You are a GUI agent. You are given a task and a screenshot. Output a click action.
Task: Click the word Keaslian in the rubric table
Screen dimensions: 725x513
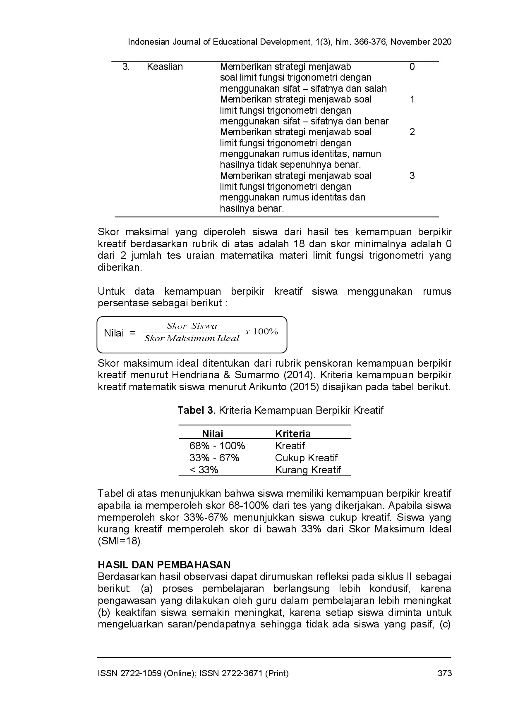pyautogui.click(x=165, y=67)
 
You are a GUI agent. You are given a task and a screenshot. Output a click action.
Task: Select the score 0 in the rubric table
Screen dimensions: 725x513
pyautogui.click(x=412, y=67)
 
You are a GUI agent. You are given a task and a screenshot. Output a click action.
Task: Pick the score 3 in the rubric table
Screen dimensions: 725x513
pyautogui.click(x=412, y=176)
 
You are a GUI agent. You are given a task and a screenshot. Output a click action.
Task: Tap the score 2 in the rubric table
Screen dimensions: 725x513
pyautogui.click(x=412, y=132)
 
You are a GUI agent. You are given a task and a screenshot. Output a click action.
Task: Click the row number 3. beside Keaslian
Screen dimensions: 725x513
pyautogui.click(x=126, y=67)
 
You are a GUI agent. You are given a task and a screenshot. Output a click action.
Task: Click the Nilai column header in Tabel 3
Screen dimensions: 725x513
pyautogui.click(x=212, y=434)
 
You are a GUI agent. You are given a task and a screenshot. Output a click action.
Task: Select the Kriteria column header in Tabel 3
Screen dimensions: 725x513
pyautogui.click(x=293, y=434)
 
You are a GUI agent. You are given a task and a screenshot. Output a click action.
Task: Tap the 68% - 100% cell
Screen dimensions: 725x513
pyautogui.click(x=217, y=446)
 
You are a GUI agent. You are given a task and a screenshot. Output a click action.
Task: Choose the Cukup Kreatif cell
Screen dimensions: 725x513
pyautogui.click(x=306, y=458)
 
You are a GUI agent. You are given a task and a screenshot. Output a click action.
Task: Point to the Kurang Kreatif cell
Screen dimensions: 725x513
pyautogui.click(x=308, y=470)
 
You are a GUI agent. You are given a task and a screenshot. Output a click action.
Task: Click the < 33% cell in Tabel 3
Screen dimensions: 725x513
pyautogui.click(x=204, y=470)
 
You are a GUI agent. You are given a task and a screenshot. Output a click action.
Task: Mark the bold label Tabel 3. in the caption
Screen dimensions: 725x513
pyautogui.click(x=197, y=410)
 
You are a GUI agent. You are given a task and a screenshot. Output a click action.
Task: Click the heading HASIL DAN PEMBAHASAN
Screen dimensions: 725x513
pyautogui.click(x=164, y=565)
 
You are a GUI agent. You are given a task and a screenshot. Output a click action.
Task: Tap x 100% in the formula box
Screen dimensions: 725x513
pyautogui.click(x=261, y=331)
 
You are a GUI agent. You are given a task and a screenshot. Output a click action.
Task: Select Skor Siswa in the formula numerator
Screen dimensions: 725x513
pyautogui.click(x=192, y=326)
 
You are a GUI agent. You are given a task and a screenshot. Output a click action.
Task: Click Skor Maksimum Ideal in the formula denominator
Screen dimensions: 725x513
pyautogui.click(x=192, y=339)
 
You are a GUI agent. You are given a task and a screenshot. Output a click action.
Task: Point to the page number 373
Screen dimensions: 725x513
pyautogui.click(x=444, y=673)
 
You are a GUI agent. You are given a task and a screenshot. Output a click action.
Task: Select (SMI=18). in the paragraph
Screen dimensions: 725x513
pyautogui.click(x=120, y=541)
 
